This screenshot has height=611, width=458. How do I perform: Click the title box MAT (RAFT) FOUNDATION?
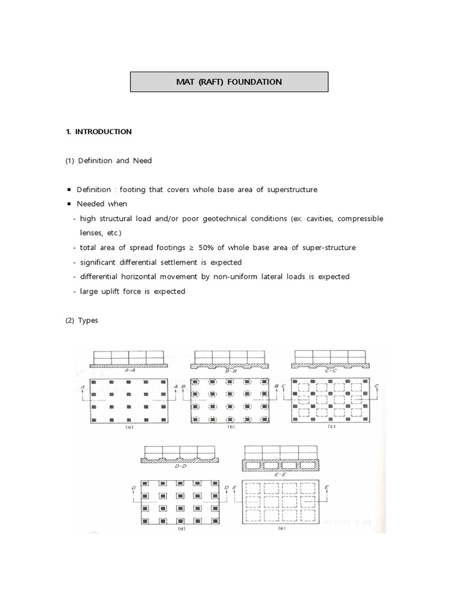[x=229, y=82]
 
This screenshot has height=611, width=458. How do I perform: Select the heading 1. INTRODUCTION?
[x=99, y=132]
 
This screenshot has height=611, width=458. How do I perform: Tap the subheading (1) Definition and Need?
[x=109, y=161]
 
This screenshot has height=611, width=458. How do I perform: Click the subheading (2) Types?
[x=82, y=320]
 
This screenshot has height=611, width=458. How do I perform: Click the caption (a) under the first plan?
[x=129, y=428]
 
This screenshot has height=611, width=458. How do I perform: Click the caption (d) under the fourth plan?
[x=180, y=529]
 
